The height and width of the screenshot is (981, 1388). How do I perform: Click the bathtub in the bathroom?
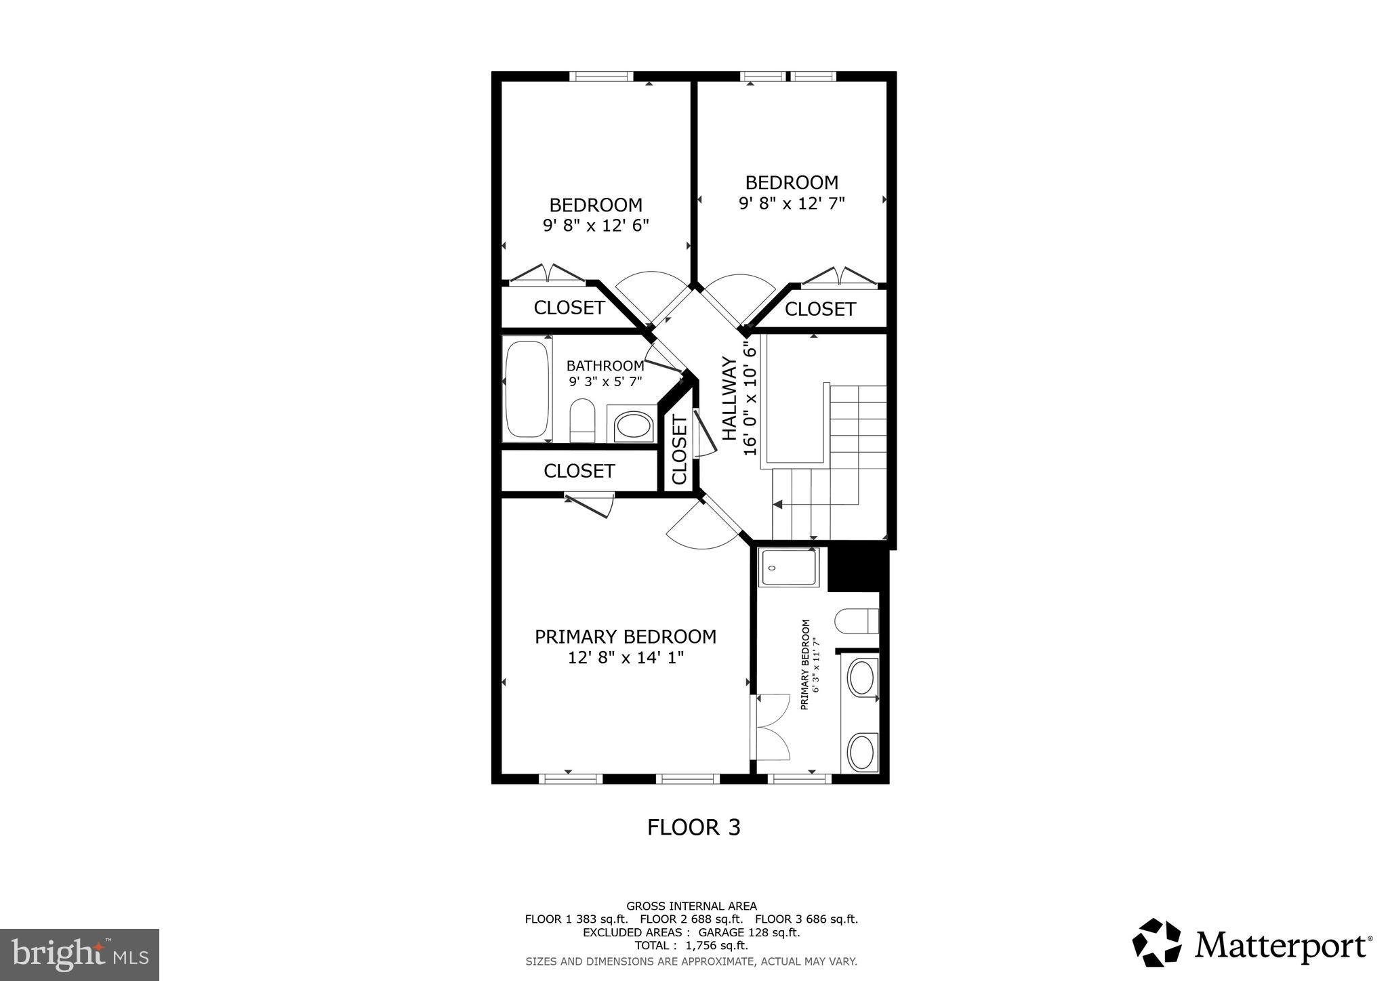(527, 390)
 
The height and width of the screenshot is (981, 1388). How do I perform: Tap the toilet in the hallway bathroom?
(582, 421)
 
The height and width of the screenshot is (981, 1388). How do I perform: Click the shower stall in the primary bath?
(789, 568)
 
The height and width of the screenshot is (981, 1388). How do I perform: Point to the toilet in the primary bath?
(857, 621)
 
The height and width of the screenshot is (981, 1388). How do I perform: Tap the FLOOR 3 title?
(693, 827)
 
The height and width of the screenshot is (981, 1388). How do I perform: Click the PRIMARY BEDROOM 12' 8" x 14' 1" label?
(625, 646)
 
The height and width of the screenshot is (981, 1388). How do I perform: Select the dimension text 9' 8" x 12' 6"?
(596, 226)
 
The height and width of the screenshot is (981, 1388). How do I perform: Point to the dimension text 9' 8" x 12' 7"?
(792, 203)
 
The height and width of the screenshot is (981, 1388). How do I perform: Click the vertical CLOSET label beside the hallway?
(680, 450)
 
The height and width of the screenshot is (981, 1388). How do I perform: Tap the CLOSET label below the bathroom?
(579, 471)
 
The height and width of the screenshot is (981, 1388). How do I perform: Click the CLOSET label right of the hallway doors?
(820, 309)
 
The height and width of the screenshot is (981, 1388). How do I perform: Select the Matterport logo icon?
(1157, 942)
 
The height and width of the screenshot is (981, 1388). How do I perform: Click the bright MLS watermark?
(79, 955)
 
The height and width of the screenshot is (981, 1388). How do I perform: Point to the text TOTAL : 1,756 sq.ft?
(691, 946)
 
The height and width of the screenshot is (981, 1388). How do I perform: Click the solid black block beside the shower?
(858, 568)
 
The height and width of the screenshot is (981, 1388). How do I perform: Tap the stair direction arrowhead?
(777, 504)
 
